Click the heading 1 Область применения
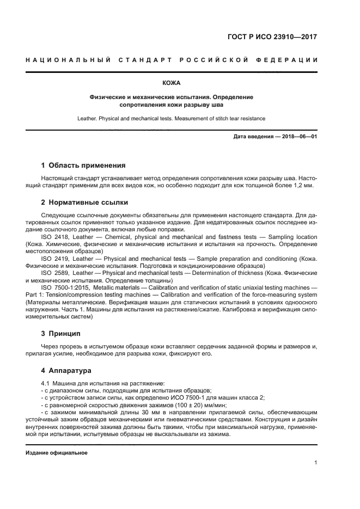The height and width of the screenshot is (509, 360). pos(83,165)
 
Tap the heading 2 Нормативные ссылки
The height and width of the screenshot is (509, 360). pos(84,202)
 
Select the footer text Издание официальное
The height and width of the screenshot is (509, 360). pos(57,452)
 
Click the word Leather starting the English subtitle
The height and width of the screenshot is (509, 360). pos(88,118)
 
